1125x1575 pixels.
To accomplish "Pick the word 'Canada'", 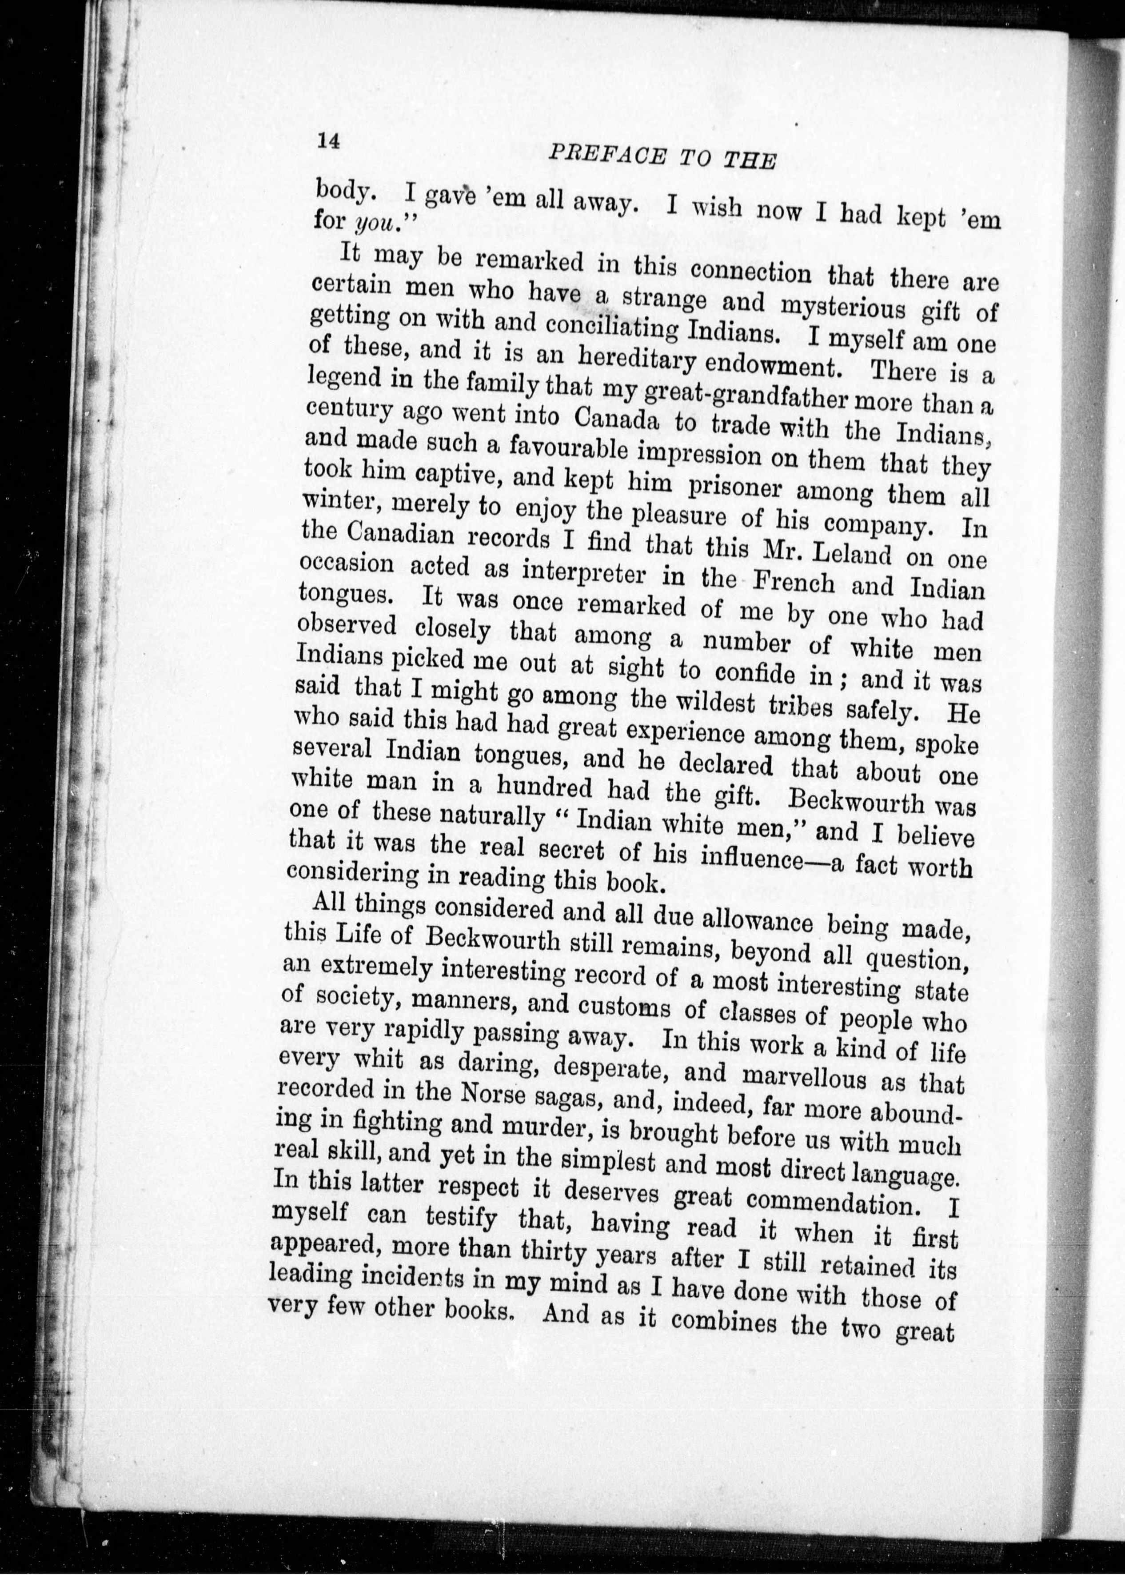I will (617, 419).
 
